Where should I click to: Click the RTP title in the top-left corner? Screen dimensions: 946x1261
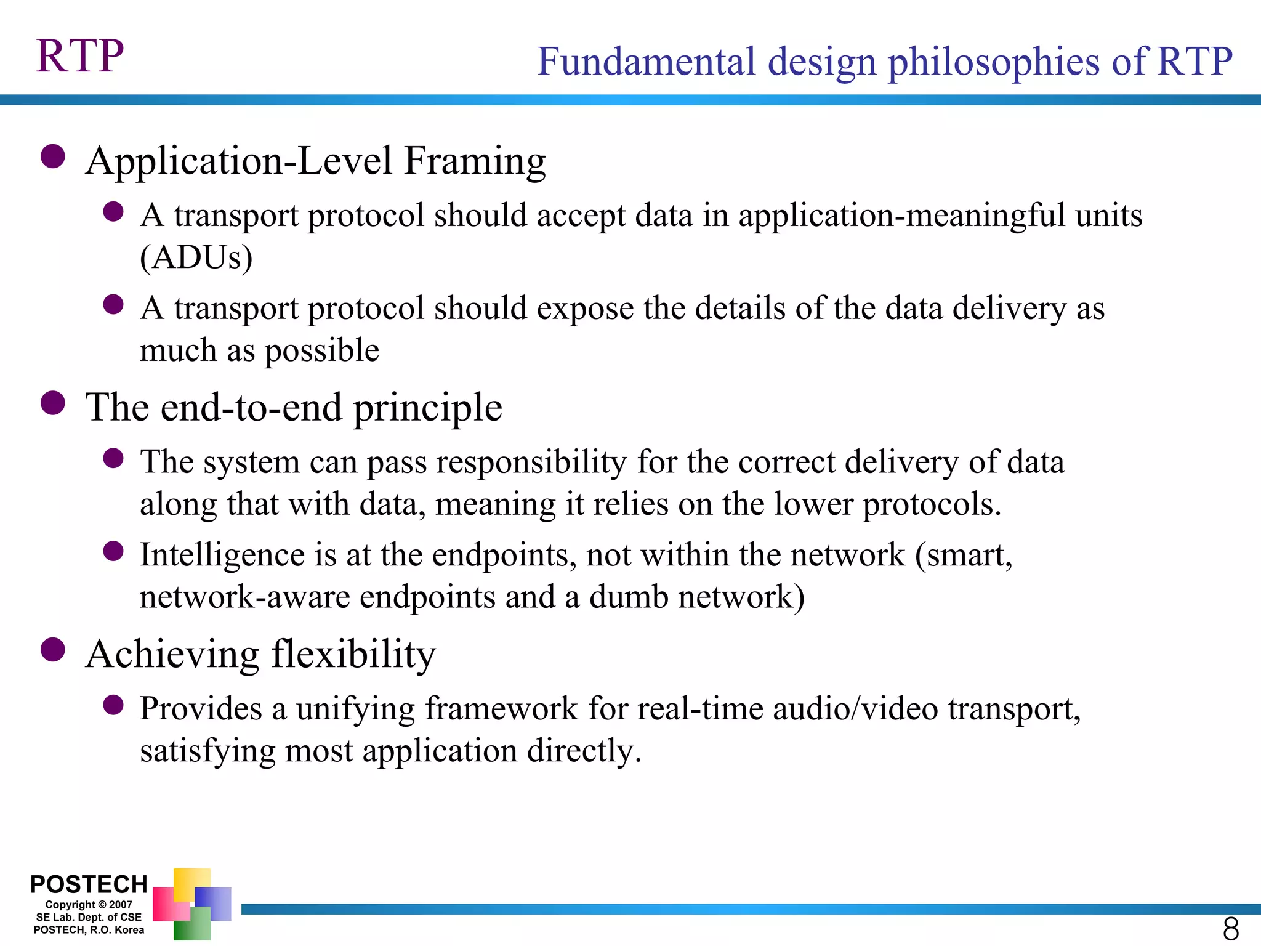(80, 56)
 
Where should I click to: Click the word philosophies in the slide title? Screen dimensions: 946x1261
(993, 62)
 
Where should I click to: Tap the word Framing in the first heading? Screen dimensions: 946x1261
(475, 161)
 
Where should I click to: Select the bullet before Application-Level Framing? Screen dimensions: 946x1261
(53, 156)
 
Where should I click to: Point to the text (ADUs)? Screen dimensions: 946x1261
(196, 257)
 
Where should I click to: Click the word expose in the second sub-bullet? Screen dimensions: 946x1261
(585, 308)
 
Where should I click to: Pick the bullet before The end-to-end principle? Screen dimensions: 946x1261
(53, 403)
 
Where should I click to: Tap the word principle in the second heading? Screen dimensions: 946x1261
(427, 408)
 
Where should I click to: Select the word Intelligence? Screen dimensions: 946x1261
(222, 555)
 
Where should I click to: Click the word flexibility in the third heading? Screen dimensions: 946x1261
(353, 654)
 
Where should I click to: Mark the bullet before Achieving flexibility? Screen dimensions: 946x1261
(53, 650)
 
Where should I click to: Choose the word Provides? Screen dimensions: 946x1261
(201, 709)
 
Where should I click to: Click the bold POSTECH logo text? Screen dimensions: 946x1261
(89, 884)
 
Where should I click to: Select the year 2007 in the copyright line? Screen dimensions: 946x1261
(121, 905)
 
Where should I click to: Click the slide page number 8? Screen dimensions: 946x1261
(1230, 928)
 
